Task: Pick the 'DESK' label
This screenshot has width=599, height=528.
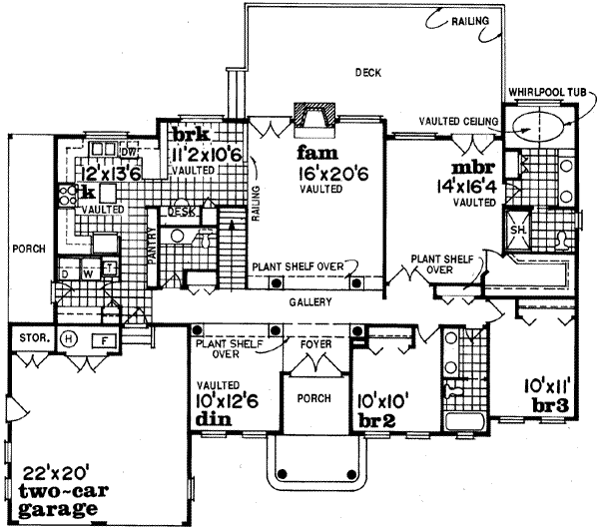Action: coord(180,212)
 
